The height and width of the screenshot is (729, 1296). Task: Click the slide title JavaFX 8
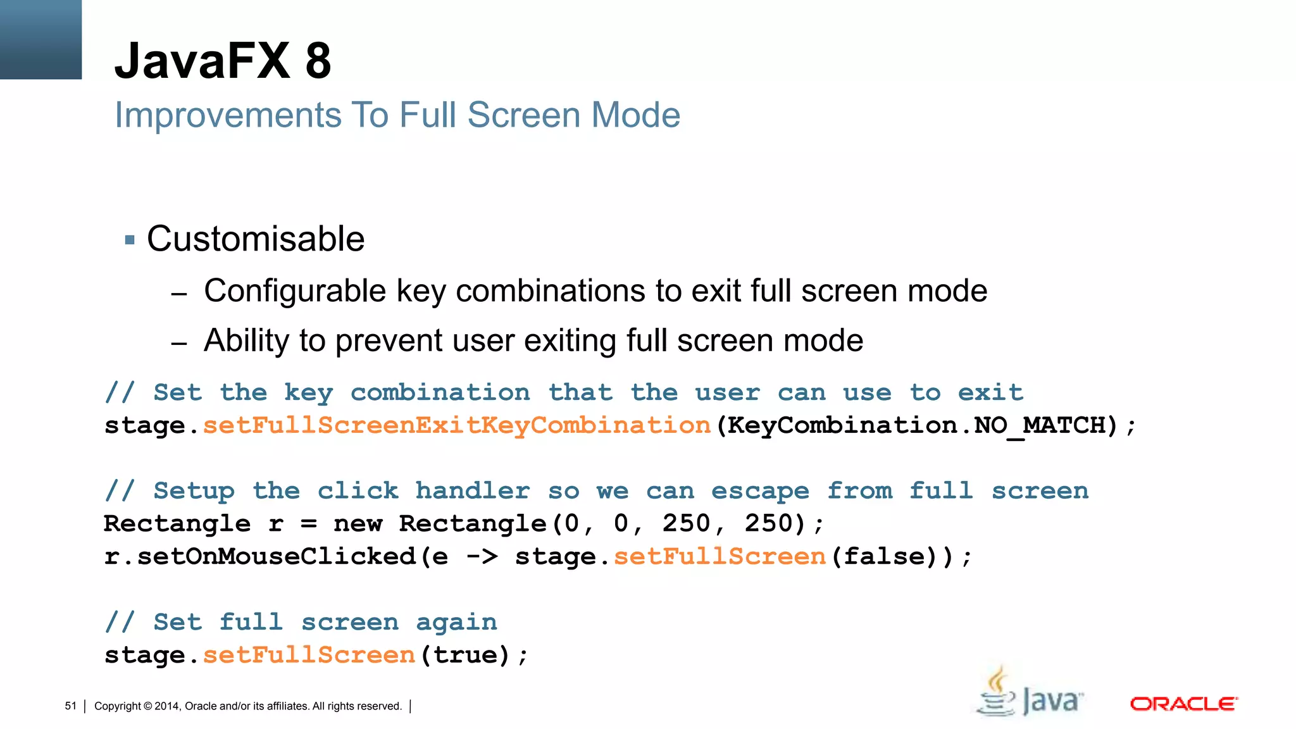coord(223,61)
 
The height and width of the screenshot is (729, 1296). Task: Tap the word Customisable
coord(256,239)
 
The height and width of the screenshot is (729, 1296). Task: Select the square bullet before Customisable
coord(130,240)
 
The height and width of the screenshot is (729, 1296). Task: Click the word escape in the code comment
coord(760,491)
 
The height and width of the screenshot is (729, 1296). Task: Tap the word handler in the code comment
coord(473,491)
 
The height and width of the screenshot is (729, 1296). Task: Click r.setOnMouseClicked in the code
coord(259,557)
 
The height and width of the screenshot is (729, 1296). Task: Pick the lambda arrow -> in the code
coord(482,557)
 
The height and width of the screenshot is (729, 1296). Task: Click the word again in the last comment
coord(456,623)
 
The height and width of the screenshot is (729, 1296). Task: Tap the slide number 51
coord(70,706)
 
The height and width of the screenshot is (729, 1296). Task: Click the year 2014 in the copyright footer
coord(167,706)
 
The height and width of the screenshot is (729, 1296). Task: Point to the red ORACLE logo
coord(1183,704)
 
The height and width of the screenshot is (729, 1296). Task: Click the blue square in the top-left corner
coord(40,39)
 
